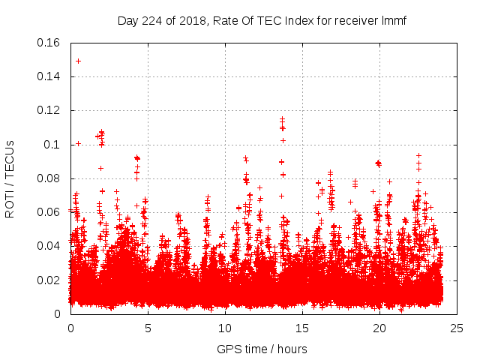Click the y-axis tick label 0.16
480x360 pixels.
(x=49, y=43)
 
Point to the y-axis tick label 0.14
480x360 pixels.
(x=49, y=76)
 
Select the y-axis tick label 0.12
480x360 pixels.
(x=49, y=110)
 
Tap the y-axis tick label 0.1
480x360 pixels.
(x=52, y=145)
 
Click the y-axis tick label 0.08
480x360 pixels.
(x=49, y=178)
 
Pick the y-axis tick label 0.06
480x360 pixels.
(x=49, y=212)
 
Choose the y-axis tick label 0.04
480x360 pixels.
(x=49, y=246)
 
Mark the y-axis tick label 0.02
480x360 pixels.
(x=49, y=280)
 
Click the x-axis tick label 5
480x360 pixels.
(x=148, y=328)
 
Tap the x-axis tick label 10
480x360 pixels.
(x=225, y=328)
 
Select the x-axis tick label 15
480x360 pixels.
(x=302, y=328)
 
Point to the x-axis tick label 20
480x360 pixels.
(x=379, y=328)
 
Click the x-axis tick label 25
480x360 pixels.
(x=457, y=328)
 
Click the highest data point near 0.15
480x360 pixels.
(x=78, y=61)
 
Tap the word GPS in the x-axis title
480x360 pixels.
(x=228, y=349)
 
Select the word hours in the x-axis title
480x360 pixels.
(x=291, y=349)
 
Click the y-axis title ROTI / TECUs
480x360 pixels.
(x=10, y=178)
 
